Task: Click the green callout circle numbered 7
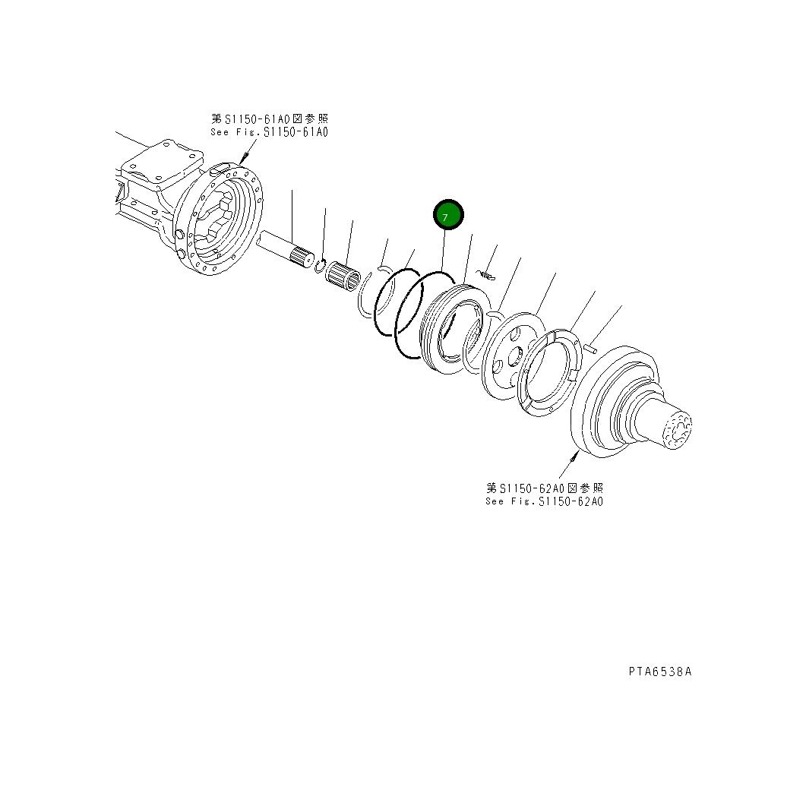click(447, 216)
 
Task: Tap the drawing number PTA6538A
click(659, 671)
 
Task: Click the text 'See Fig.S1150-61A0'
click(269, 132)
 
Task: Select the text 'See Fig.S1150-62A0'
click(545, 501)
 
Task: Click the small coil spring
click(487, 274)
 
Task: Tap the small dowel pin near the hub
click(593, 348)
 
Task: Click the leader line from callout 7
click(443, 251)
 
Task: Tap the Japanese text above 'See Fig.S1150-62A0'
click(545, 488)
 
